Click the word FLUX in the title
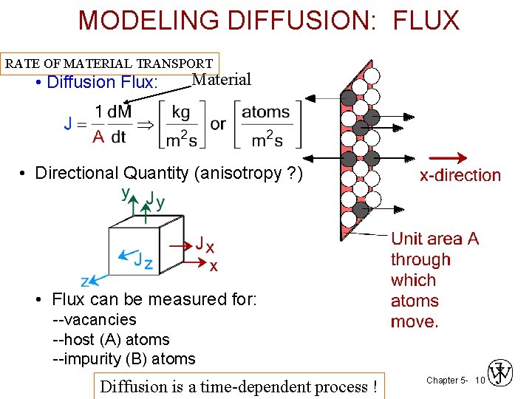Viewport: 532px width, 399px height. tap(426, 20)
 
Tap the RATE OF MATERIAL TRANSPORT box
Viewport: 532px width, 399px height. tap(109, 64)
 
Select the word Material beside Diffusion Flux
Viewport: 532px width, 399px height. tap(221, 80)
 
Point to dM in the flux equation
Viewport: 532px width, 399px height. tap(119, 112)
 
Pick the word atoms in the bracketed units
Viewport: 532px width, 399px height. tap(266, 112)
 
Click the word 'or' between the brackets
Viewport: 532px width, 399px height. tap(218, 124)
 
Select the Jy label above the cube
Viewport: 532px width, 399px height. tap(154, 199)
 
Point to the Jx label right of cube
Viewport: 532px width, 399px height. tap(205, 245)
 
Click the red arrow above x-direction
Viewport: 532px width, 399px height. tap(449, 158)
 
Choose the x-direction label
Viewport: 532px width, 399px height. tap(460, 176)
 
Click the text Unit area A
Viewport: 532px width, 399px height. tap(434, 239)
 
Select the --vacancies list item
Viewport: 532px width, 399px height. tap(95, 320)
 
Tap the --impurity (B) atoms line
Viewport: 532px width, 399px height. tap(124, 360)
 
